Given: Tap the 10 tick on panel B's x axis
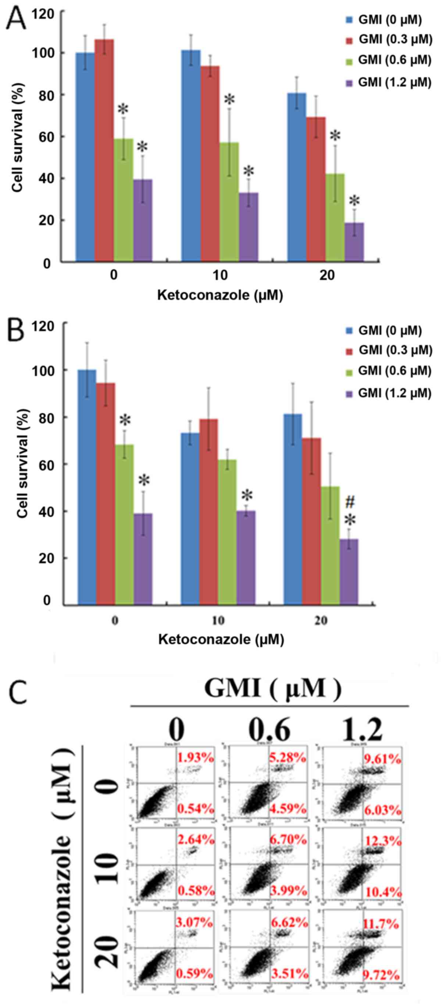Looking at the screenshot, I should pos(219,621).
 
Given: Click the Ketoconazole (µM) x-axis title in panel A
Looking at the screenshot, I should pos(220,295).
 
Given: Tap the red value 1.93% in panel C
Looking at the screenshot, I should pos(196,758).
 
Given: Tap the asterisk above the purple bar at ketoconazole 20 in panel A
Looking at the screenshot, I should pos(354,201).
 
